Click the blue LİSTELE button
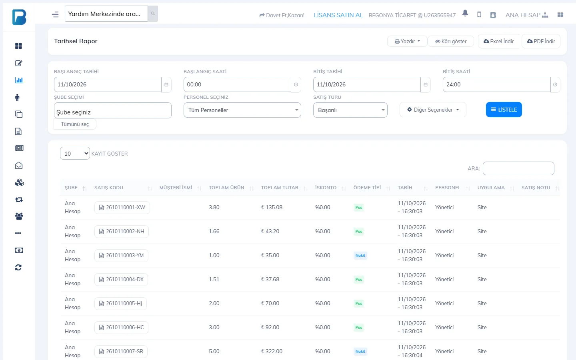pos(504,110)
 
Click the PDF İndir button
pos(541,41)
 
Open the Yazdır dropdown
pos(407,41)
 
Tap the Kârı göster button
pos(451,41)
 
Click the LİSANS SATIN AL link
pos(338,15)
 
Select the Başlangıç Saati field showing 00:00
pos(237,84)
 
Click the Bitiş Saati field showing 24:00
pos(496,84)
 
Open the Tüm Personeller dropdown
pos(242,110)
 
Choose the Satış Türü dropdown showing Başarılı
pos(350,110)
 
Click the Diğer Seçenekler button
pos(433,110)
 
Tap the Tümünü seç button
pos(75,124)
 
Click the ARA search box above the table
pos(518,168)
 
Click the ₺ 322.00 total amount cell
pos(272,351)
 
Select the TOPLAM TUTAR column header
pos(280,188)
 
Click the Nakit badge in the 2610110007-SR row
pos(360,351)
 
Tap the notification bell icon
pos(465,13)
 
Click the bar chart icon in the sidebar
pos(19,80)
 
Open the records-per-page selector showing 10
pos(75,153)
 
